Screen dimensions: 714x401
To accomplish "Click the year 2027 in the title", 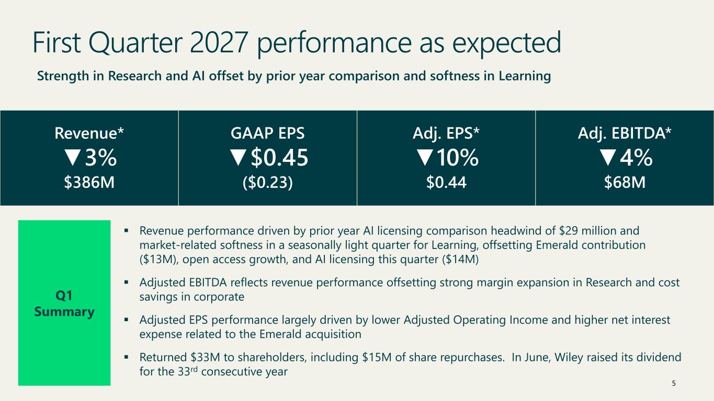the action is pos(219,42).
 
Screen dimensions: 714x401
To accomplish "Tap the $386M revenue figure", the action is pos(89,182).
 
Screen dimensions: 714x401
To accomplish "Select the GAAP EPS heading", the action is pos(267,133).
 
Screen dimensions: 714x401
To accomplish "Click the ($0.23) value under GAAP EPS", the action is pos(268,183).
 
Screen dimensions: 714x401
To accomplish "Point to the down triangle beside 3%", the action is pos(73,158).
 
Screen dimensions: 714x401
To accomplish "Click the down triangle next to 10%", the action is pos(425,158).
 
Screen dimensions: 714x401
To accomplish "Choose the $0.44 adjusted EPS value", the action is pos(446,182).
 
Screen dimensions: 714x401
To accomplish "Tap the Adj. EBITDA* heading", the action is pos(625,133).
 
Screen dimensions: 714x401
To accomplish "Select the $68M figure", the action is pos(625,182).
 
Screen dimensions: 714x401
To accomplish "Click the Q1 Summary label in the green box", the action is pos(64,303).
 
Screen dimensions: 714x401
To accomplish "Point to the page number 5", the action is pos(674,383).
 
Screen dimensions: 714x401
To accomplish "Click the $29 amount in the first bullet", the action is pos(569,230).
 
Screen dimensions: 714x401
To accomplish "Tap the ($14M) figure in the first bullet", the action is pos(460,260).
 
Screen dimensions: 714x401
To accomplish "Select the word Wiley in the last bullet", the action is pos(569,357).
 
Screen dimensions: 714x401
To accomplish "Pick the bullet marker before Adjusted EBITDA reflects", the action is pos(126,282).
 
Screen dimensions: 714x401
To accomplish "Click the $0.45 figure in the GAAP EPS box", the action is pos(279,158).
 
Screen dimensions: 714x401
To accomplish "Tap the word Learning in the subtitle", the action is pos(525,76).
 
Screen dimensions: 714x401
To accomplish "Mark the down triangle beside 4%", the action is pos(608,158).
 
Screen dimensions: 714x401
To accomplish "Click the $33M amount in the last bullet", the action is pos(205,357).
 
